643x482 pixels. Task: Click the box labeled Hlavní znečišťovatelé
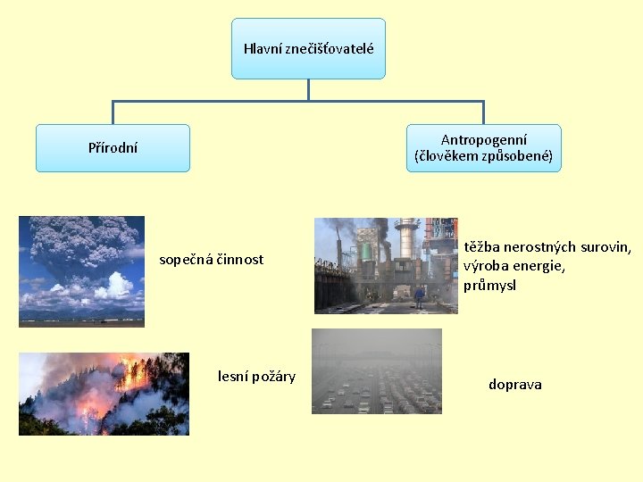click(308, 48)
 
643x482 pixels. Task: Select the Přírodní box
click(113, 148)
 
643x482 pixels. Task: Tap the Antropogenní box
click(483, 148)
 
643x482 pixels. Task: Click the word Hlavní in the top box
click(263, 48)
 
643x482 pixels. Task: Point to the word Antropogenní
click(484, 139)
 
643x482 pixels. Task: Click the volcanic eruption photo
click(81, 271)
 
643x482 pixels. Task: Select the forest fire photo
click(104, 394)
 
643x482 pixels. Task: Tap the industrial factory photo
click(386, 266)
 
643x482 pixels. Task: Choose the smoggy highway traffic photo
click(376, 371)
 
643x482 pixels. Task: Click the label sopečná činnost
click(212, 260)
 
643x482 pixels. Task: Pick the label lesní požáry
click(256, 376)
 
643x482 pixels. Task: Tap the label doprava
click(514, 385)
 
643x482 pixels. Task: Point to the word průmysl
click(489, 286)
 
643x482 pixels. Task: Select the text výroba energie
click(513, 266)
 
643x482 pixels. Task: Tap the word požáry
click(273, 376)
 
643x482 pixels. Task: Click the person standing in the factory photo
click(419, 296)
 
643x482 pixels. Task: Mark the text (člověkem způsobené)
click(484, 157)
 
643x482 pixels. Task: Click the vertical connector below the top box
click(308, 89)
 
